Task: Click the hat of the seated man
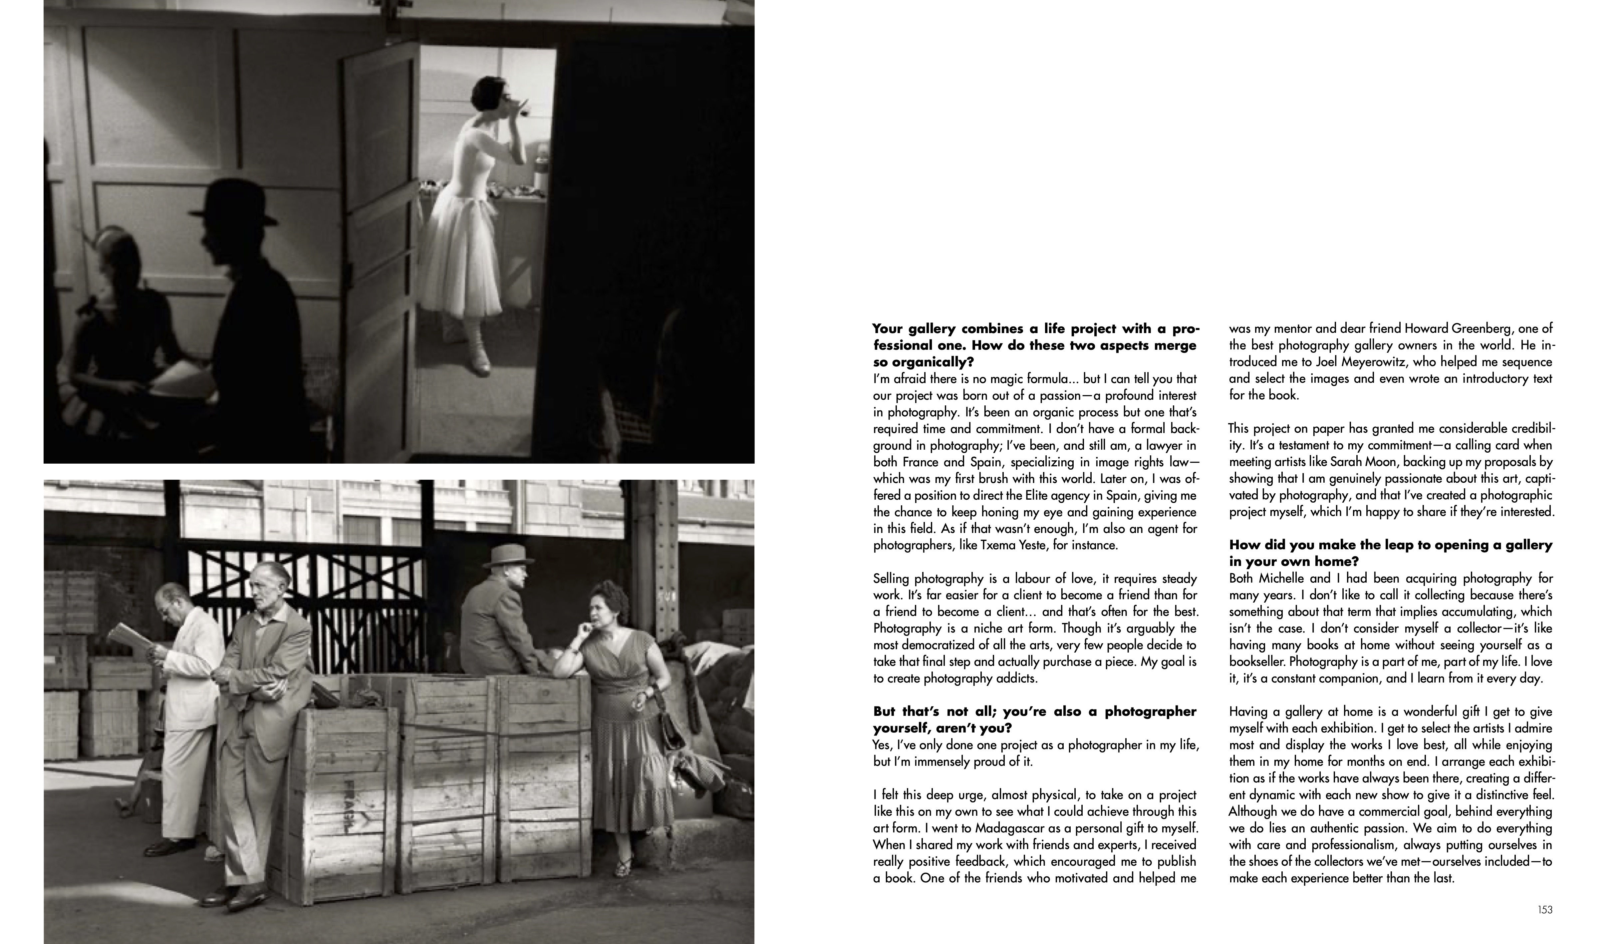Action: tap(507, 556)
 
